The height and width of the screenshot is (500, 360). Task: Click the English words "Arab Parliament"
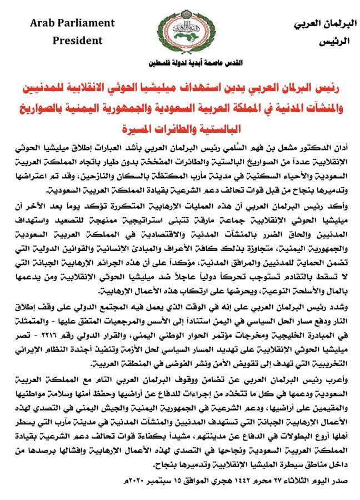[73, 23]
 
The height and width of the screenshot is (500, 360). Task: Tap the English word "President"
[78, 40]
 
